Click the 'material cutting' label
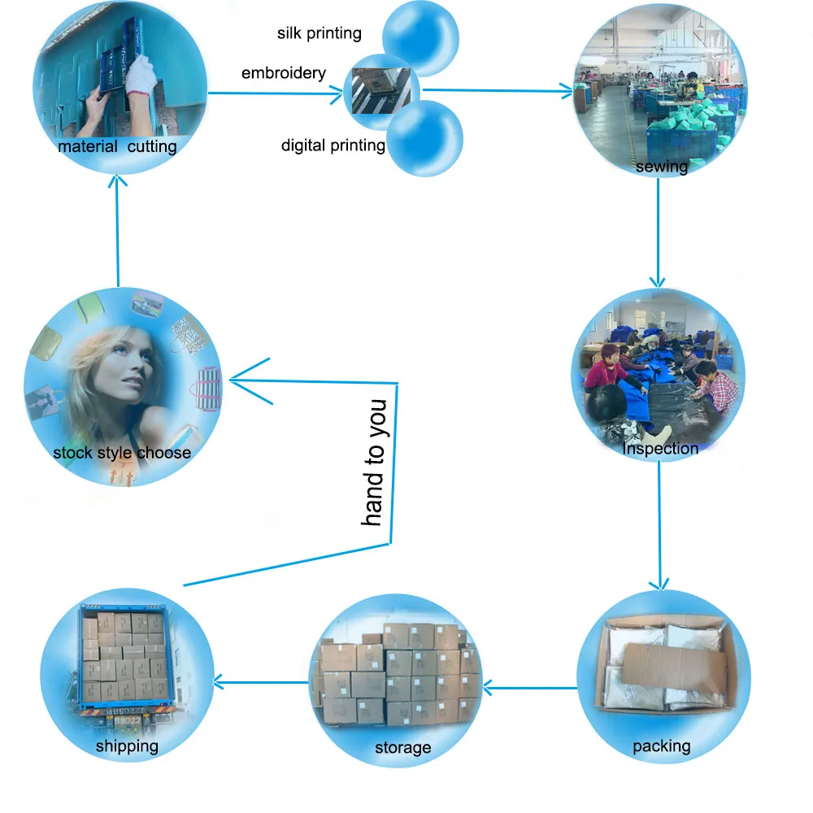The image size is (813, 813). tap(117, 147)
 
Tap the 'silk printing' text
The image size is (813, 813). tap(320, 33)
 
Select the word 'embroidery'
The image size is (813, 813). tap(283, 73)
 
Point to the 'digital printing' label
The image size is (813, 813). tap(333, 146)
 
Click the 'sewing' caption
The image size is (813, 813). tap(661, 167)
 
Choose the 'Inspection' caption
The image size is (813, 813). tap(660, 448)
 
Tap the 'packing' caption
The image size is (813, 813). tap(661, 746)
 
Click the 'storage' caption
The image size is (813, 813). tap(402, 747)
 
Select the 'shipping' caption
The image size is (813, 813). tap(127, 746)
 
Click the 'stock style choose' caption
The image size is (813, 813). tap(122, 453)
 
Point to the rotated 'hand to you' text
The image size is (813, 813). tap(373, 462)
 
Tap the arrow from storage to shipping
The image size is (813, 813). tap(260, 680)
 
